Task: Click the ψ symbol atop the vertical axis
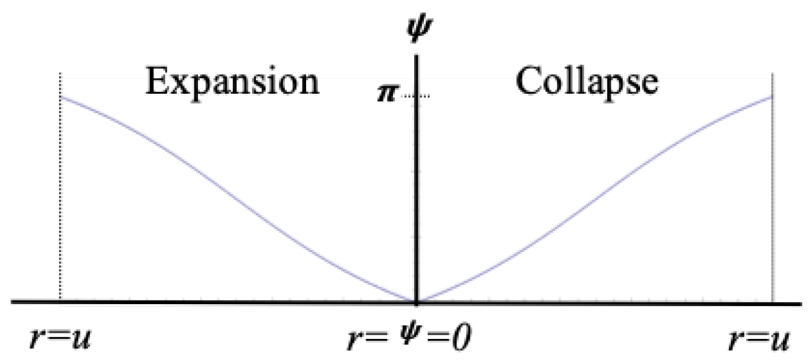416,29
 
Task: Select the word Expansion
232,82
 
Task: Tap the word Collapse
587,82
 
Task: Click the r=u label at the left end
60,338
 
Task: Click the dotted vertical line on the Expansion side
60,199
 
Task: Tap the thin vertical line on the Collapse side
772,199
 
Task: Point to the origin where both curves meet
416,302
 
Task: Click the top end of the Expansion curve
61,97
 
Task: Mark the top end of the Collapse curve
771,97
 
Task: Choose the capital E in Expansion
155,82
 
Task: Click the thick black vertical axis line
416,186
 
